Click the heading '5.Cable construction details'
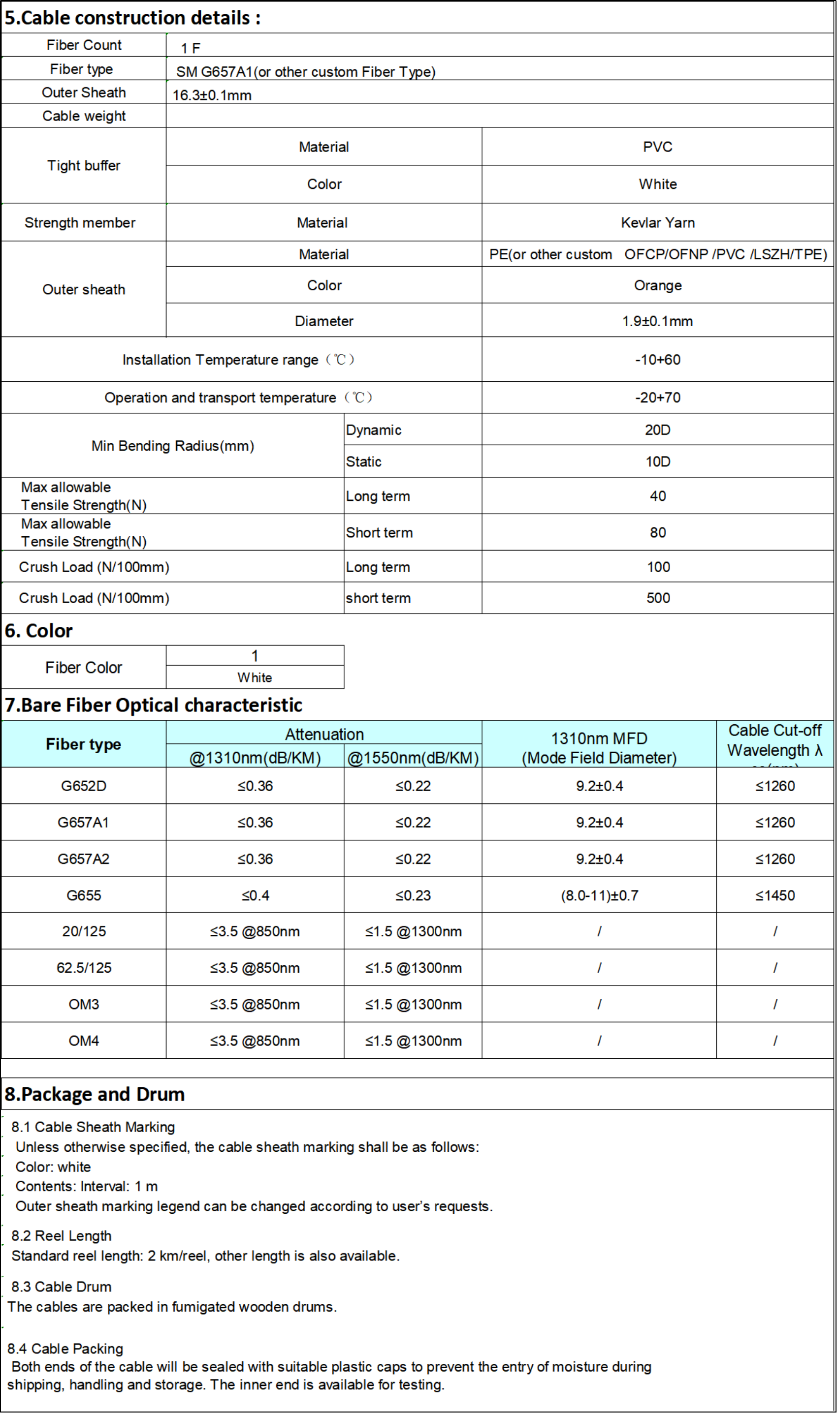coord(132,18)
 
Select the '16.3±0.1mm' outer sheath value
coord(212,95)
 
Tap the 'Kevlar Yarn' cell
coord(657,223)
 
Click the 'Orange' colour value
coord(657,285)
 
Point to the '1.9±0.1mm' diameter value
coord(657,321)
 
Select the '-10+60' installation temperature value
coord(657,360)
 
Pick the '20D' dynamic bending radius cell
coord(657,430)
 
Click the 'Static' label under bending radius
coord(364,461)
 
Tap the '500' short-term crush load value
coord(658,598)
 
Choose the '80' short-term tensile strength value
coord(658,533)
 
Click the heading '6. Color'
coord(38,631)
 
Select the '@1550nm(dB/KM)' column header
coord(413,758)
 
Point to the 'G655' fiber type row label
coord(84,895)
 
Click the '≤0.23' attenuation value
coord(413,895)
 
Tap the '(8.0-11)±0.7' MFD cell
coord(599,895)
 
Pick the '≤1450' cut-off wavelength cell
coord(775,895)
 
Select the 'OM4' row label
coord(84,1041)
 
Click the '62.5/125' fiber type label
coord(84,968)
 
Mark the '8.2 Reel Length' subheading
coord(62,1235)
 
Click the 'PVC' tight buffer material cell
coord(657,147)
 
